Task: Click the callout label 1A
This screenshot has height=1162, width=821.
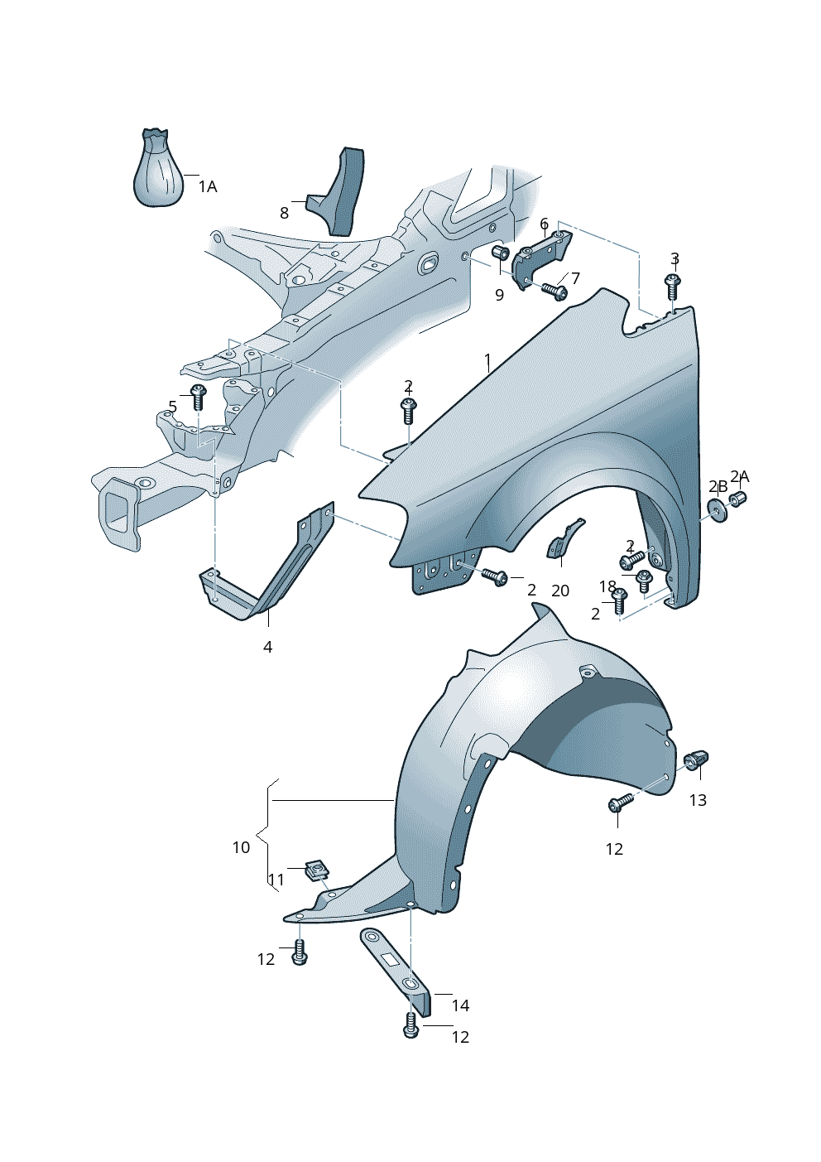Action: (x=208, y=186)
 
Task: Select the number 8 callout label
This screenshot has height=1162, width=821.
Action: (x=284, y=213)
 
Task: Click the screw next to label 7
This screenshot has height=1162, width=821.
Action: (x=555, y=291)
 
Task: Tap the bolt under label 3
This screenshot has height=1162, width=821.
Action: (x=673, y=287)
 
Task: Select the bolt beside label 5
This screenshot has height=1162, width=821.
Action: (x=198, y=397)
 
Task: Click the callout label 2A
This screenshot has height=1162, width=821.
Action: (x=740, y=476)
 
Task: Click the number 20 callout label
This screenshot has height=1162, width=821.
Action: (x=560, y=591)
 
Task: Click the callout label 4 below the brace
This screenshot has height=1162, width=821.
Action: (x=267, y=647)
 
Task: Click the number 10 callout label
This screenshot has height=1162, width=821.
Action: (x=241, y=847)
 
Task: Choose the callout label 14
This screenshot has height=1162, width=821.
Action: (x=460, y=1005)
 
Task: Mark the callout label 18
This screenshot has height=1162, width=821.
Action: (x=607, y=586)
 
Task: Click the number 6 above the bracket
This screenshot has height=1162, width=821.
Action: (x=544, y=224)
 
